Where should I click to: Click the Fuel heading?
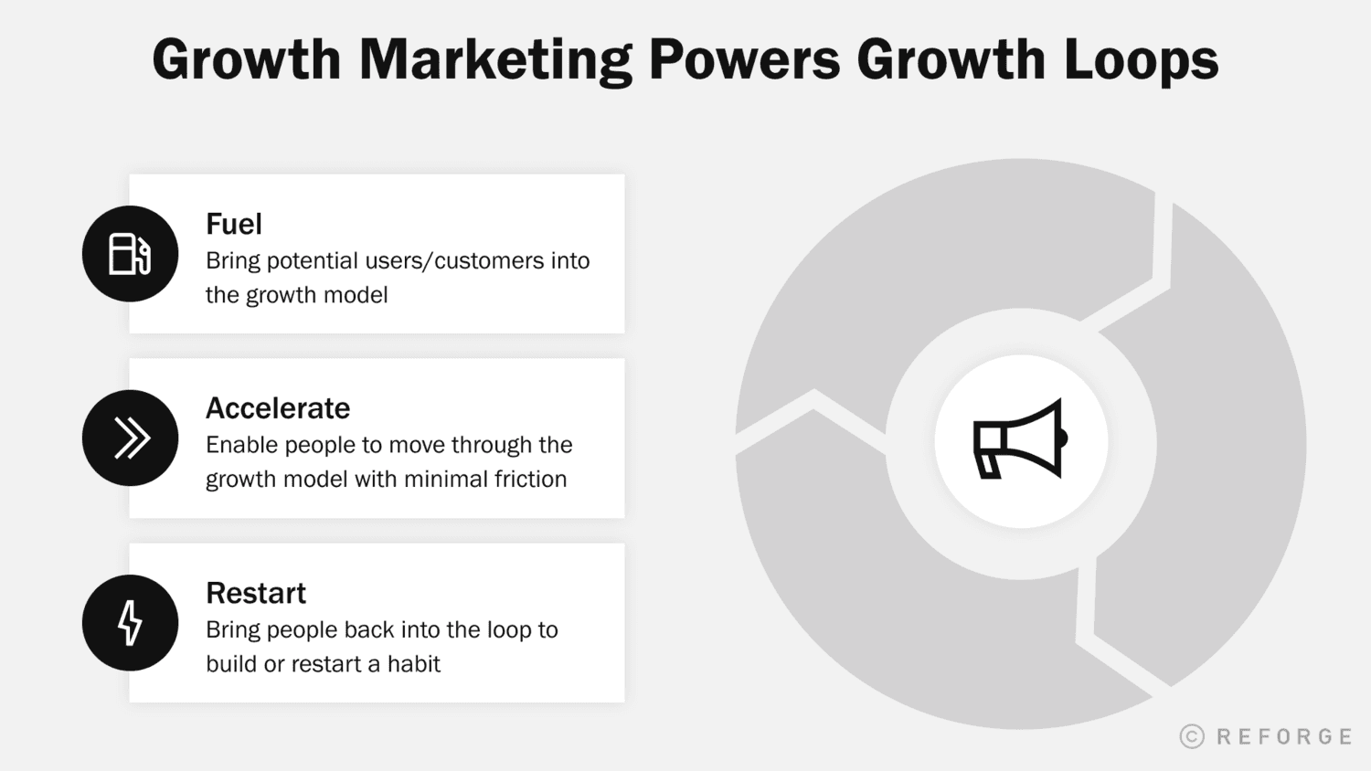234,224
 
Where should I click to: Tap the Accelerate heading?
278,408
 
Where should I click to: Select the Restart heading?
256,593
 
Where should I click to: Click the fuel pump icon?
130,254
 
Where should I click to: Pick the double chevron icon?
131,438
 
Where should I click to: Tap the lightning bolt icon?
130,623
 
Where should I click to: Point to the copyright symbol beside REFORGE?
1192,736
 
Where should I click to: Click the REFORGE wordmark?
1284,736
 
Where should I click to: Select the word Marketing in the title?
494,60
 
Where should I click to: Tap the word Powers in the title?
744,60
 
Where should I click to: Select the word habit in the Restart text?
414,663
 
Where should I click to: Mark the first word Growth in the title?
246,60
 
